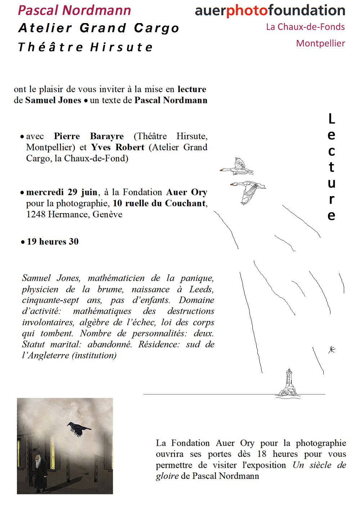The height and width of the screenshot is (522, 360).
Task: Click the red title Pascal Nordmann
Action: (x=75, y=10)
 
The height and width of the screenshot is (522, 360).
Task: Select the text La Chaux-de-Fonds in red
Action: (x=305, y=27)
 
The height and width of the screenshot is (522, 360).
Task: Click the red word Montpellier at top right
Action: (x=320, y=44)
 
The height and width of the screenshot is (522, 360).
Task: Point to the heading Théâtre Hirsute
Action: (x=86, y=47)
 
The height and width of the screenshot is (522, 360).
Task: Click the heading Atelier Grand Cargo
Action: (x=99, y=28)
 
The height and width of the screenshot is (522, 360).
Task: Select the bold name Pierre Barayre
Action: (x=89, y=136)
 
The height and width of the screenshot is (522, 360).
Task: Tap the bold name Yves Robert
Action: (x=118, y=147)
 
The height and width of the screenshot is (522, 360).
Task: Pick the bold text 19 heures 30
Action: (x=53, y=242)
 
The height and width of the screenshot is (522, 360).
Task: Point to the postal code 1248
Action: (x=36, y=215)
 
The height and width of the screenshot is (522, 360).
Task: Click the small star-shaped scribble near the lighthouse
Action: (x=332, y=349)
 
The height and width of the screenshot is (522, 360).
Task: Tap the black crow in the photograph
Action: (x=78, y=428)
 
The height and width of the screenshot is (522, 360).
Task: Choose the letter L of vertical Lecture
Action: (x=332, y=119)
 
